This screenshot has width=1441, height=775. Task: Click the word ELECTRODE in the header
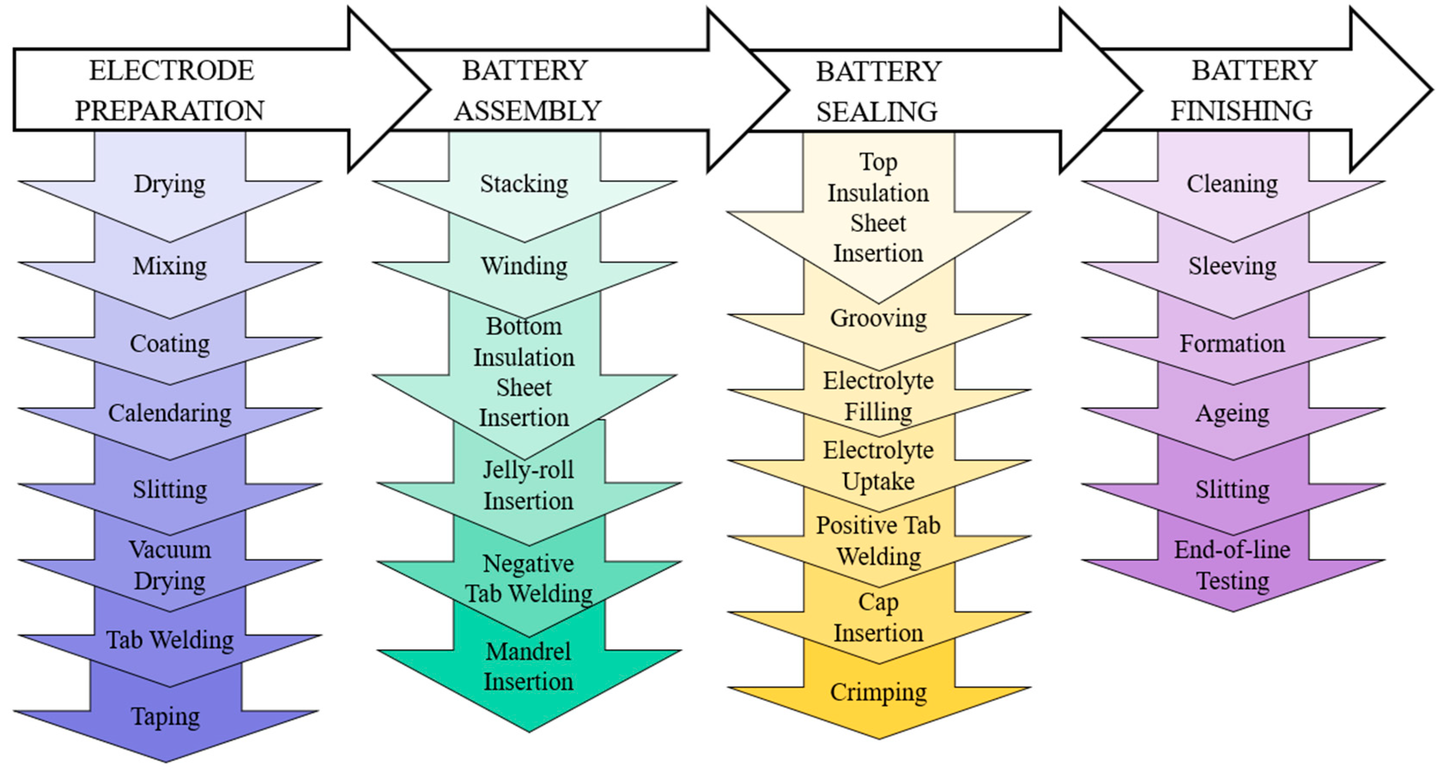tap(172, 70)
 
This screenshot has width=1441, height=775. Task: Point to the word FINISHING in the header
tap(1241, 110)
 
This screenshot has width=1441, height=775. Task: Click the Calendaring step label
tap(170, 413)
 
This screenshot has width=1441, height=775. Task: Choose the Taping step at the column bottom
tap(165, 716)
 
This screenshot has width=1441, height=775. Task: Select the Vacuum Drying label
tap(170, 565)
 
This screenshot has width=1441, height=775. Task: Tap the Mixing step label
tap(170, 266)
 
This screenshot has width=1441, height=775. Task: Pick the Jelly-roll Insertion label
tap(528, 485)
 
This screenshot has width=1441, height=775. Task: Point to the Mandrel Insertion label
tap(528, 666)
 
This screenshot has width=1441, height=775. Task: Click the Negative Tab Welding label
tap(528, 578)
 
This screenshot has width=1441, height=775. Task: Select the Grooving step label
tap(878, 318)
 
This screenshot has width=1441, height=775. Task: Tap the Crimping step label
tap(878, 692)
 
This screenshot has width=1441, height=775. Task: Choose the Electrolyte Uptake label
tap(878, 465)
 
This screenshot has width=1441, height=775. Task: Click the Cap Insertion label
tap(878, 617)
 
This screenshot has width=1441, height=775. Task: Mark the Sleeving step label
tap(1232, 266)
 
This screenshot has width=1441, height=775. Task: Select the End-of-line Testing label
tap(1232, 565)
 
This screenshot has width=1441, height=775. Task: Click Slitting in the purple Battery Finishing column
tap(1232, 489)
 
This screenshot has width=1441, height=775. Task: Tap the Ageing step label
tap(1232, 413)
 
